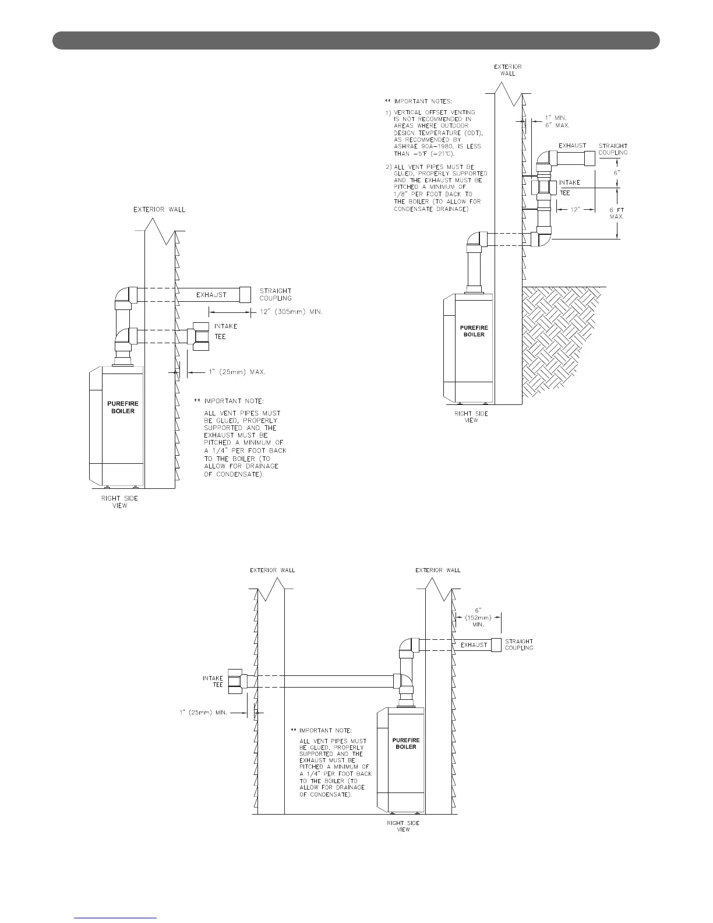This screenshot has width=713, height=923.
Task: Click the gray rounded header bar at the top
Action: click(356, 40)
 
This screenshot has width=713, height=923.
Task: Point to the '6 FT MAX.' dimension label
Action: click(616, 213)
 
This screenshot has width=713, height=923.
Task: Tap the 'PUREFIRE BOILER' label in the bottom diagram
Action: click(406, 743)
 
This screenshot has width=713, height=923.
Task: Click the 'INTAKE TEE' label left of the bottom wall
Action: click(213, 681)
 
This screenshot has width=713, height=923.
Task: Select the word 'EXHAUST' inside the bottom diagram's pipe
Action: click(474, 645)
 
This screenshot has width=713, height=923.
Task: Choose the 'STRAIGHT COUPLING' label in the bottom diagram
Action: click(518, 644)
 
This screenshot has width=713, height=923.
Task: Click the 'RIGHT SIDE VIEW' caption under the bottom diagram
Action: click(403, 826)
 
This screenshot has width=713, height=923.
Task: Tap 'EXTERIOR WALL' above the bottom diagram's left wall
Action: click(272, 570)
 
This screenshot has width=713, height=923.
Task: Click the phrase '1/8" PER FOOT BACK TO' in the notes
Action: click(433, 194)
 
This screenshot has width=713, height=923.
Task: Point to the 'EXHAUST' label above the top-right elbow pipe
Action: click(573, 145)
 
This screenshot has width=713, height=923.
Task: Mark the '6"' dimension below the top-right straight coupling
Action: click(617, 174)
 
